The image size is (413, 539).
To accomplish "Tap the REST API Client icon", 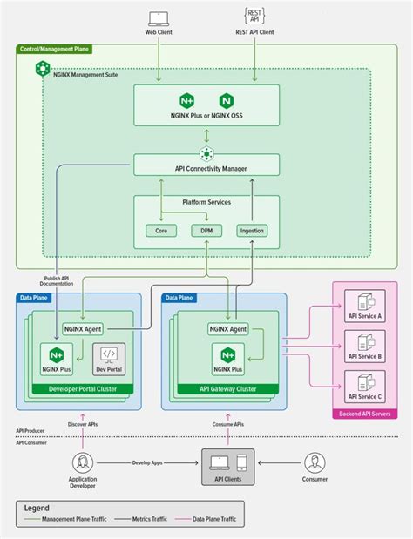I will click(255, 16).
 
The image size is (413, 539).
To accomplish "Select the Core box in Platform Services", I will click(160, 231).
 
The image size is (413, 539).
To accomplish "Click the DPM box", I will click(206, 231).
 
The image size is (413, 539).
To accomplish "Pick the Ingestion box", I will click(252, 231).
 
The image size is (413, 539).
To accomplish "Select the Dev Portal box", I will click(109, 360).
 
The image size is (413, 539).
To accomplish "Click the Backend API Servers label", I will click(365, 414).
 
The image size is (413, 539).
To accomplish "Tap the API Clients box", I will click(228, 468).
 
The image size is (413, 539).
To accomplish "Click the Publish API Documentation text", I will click(58, 282).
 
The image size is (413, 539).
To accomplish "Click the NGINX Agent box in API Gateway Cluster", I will click(228, 329).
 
